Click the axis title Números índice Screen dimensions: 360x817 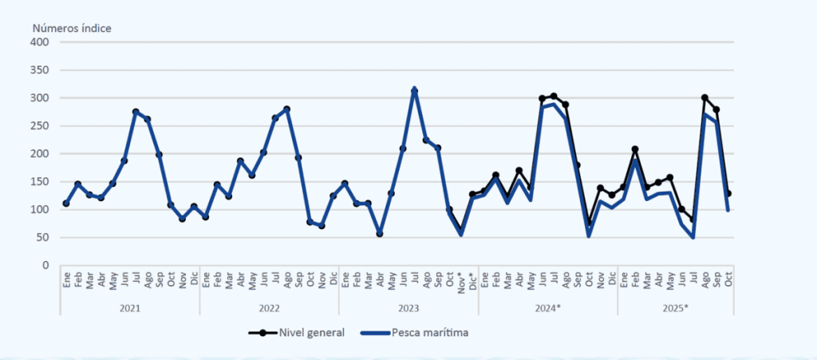[72, 28]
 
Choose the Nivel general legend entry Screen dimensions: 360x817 [307, 332]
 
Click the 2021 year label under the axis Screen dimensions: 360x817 [129, 307]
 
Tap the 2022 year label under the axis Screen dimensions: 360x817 [269, 307]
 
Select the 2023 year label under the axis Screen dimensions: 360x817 [408, 307]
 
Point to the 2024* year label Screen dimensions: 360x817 [547, 307]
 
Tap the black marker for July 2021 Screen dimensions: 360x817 [136, 112]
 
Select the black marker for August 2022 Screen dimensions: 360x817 [286, 109]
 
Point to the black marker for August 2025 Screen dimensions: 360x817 [705, 97]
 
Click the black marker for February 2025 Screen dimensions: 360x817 [635, 149]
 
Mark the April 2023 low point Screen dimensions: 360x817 [380, 234]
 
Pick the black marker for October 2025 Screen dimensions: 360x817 [728, 193]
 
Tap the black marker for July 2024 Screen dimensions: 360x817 [554, 97]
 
